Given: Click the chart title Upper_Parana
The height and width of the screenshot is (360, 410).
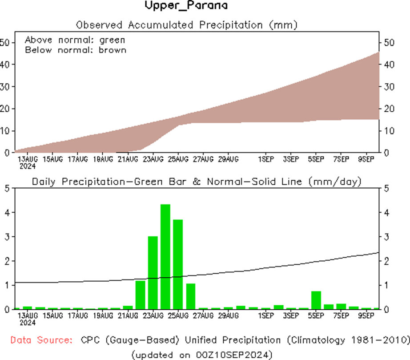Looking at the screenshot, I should point(186,6).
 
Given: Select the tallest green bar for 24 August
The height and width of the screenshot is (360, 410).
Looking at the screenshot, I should point(165,256).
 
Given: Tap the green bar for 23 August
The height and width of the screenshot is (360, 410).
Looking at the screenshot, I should point(153,272).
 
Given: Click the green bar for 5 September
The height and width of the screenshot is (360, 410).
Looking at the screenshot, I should point(316,300).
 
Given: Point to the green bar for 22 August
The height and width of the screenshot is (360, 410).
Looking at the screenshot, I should point(141,295).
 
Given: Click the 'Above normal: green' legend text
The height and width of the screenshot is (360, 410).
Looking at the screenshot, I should point(75,40).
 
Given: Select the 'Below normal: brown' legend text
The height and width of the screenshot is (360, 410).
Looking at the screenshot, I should point(76,50).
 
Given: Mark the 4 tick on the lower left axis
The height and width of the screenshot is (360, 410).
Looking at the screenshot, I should point(6,213).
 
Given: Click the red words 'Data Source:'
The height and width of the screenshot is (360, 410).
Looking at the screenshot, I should point(41,340).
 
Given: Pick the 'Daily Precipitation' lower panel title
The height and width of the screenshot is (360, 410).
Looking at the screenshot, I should point(90,181).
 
